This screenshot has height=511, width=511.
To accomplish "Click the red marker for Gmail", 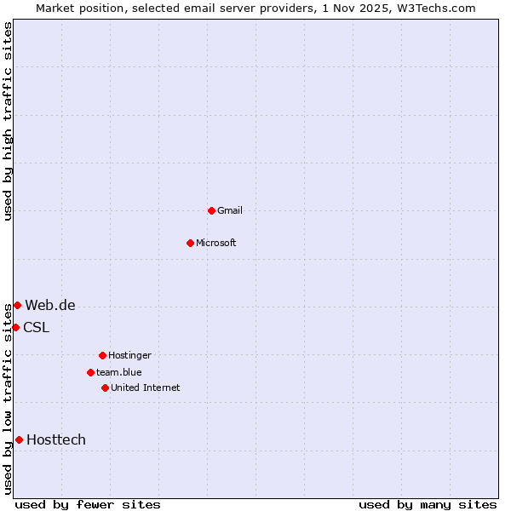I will coord(211,210).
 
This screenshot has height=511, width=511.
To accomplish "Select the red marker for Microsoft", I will coord(191,243).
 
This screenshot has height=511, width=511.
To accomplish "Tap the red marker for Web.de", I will coord(17,305).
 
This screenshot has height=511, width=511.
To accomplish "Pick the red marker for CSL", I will coord(15,327).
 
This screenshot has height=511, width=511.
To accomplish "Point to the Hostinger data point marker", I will coord(102,355).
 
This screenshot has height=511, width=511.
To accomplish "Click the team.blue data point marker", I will coord(90,372).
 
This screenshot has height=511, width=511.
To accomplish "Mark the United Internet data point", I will coord(105,388).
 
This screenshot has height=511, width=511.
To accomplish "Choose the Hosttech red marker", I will coord(19,439).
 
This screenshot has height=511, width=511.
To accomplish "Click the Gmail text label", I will coord(230,210).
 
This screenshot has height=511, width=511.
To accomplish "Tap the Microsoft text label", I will coord(216,243).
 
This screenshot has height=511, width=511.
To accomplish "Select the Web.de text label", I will coord(50,305).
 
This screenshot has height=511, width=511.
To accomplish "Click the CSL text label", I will coord(37,327).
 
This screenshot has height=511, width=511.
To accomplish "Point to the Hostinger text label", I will coord(129,355).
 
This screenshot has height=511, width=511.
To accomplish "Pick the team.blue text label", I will coord(119,372).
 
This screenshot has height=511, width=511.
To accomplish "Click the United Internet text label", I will coord(146,388).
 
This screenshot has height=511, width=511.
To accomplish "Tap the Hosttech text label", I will coord(56,439).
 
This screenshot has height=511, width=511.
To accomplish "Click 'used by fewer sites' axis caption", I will coord(88,504).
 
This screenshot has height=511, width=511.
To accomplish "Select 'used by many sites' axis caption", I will coord(428,504).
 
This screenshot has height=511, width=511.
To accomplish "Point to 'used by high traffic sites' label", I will coord(9,121).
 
